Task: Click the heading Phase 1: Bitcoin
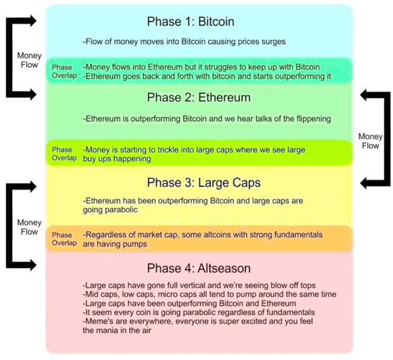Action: click(190, 22)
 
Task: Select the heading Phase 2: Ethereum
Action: click(199, 98)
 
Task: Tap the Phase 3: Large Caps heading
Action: click(204, 183)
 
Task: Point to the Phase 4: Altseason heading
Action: click(199, 268)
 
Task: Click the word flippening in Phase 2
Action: click(314, 119)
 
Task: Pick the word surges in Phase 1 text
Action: click(274, 41)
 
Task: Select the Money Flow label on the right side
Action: click(370, 141)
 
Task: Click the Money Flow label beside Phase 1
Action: click(29, 60)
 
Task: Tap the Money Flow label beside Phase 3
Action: click(29, 227)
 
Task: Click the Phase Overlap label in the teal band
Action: click(64, 71)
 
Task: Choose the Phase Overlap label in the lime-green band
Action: click(64, 154)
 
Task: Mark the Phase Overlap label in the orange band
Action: click(64, 239)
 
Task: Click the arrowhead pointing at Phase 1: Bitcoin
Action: click(33, 20)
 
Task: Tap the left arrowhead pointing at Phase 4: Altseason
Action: click(33, 265)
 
